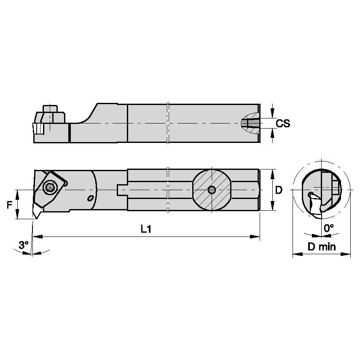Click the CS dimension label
283,123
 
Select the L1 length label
146,229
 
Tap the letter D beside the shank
279,190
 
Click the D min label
322,247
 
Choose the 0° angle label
329,228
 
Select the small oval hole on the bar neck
89,198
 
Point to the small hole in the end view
311,195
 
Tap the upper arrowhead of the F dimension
17,193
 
